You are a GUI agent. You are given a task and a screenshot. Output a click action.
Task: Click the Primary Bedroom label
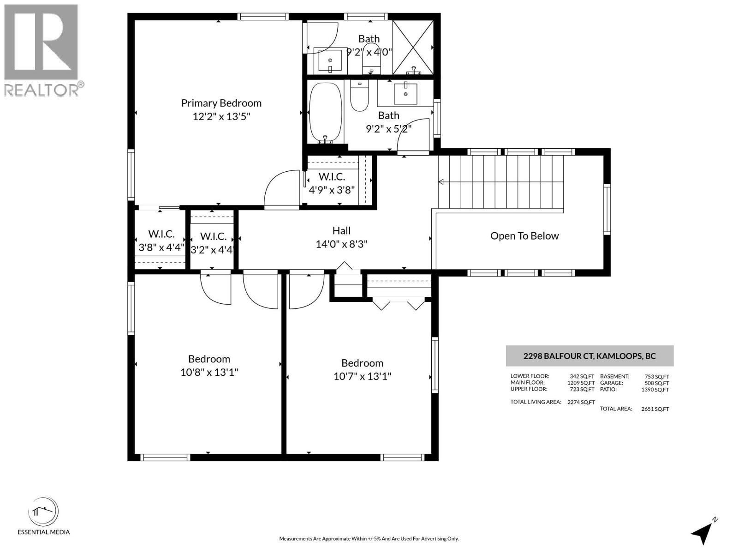pos(221,103)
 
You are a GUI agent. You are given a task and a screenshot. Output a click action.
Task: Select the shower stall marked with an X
pos(413,47)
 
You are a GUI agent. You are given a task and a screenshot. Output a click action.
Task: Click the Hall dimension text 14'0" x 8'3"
pos(341,244)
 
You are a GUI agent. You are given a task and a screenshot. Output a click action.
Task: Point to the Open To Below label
pos(524,236)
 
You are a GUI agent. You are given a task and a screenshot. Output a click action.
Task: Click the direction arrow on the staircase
pos(441,182)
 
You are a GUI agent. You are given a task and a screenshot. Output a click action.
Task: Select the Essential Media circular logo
pos(43,512)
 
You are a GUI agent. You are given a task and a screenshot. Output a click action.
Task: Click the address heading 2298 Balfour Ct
pos(589,356)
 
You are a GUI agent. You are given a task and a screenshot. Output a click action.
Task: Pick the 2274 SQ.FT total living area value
pos(581,402)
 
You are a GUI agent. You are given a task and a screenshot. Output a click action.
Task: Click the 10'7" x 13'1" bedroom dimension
pos(362,376)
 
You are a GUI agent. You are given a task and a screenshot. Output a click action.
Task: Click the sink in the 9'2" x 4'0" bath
pos(330,61)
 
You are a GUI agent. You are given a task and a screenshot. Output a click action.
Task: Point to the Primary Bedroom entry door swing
pos(281,189)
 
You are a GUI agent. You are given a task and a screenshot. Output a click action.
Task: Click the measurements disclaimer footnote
pos(369,538)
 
